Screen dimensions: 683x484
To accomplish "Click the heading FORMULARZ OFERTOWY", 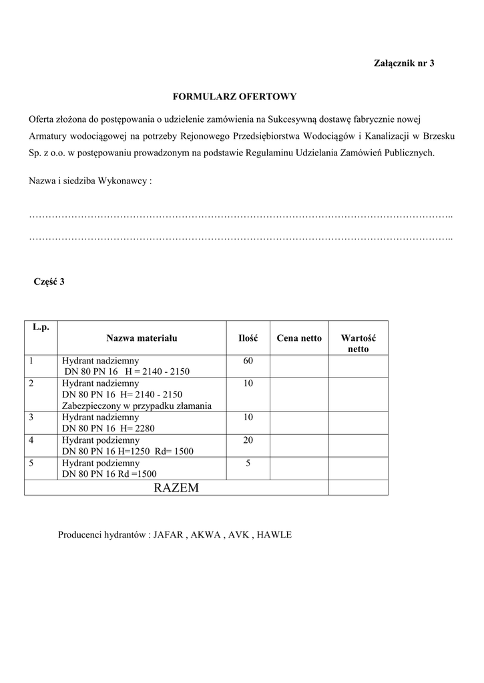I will tap(234, 97).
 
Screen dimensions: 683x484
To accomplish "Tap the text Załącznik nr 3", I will tap(403, 63).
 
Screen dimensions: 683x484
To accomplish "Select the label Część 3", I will tap(49, 281).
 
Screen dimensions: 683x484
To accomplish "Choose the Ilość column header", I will tap(248, 338).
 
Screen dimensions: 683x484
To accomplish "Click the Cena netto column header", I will tap(299, 338).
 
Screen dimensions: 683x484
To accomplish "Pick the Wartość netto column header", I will tap(358, 344).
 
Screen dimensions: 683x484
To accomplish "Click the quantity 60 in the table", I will tap(248, 361).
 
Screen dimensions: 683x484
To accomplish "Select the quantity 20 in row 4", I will tap(248, 441).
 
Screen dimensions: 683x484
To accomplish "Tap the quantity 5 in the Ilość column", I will tap(248, 464).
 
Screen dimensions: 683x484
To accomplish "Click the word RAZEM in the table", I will tap(176, 488).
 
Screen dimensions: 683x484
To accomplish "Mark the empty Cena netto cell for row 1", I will tap(299, 366).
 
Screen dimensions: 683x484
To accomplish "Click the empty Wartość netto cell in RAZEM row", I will tap(358, 488).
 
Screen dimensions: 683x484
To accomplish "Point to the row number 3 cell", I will tap(41, 423).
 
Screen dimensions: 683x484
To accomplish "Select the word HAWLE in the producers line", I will tap(274, 535).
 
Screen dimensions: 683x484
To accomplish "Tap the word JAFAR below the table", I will tap(168, 535).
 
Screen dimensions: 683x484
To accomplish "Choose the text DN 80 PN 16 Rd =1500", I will tap(109, 474).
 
